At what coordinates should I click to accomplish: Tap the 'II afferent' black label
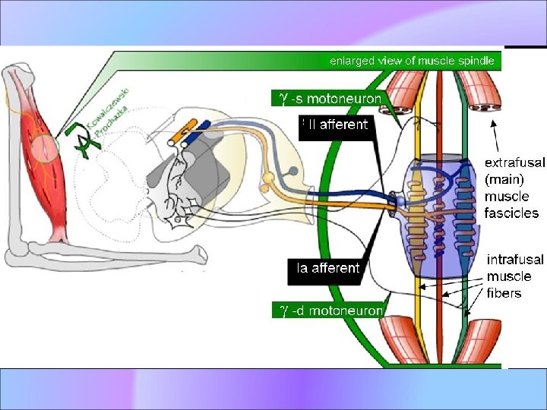point(334,124)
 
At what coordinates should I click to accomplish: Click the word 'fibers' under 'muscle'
point(504,293)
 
